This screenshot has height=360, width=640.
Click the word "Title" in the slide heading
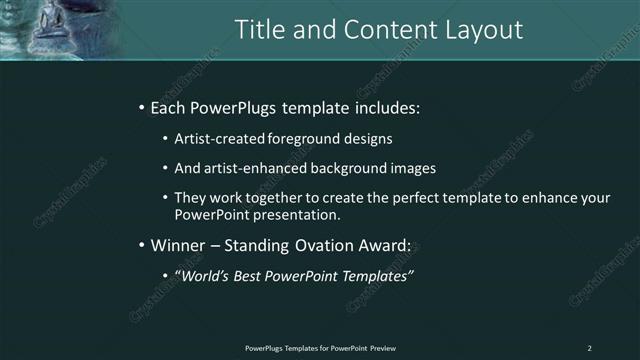point(259,30)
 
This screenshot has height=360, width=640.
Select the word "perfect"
point(415,198)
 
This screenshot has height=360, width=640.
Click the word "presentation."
point(297,214)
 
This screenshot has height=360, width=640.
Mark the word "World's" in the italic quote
point(204,275)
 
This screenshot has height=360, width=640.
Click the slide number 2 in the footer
point(589,348)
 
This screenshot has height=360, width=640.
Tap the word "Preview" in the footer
point(382,348)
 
